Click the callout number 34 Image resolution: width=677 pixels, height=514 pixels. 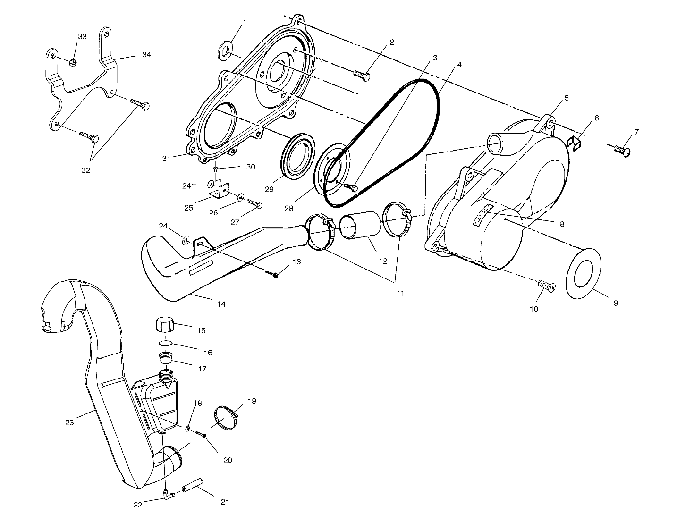tap(146, 55)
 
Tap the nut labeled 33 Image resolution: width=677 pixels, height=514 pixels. tap(72, 62)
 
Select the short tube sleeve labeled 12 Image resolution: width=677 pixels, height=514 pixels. tap(361, 226)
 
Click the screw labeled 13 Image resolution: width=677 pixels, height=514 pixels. tap(273, 274)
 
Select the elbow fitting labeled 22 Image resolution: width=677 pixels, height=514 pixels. tap(167, 494)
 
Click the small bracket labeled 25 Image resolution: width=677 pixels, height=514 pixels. tap(220, 191)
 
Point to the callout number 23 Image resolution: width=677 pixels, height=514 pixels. tap(69, 422)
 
